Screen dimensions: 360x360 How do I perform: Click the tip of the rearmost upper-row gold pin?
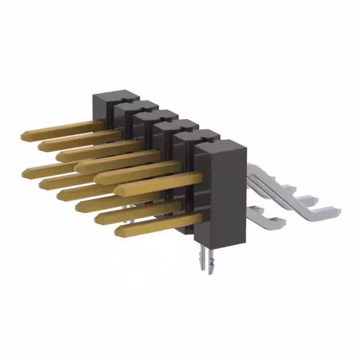click(24, 136)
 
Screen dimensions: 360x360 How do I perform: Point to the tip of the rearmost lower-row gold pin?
click(25, 172)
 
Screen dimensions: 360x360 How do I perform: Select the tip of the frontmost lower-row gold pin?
click(118, 230)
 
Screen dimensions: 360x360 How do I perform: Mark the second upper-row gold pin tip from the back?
click(41, 146)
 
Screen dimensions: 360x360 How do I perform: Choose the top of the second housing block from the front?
click(197, 135)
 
